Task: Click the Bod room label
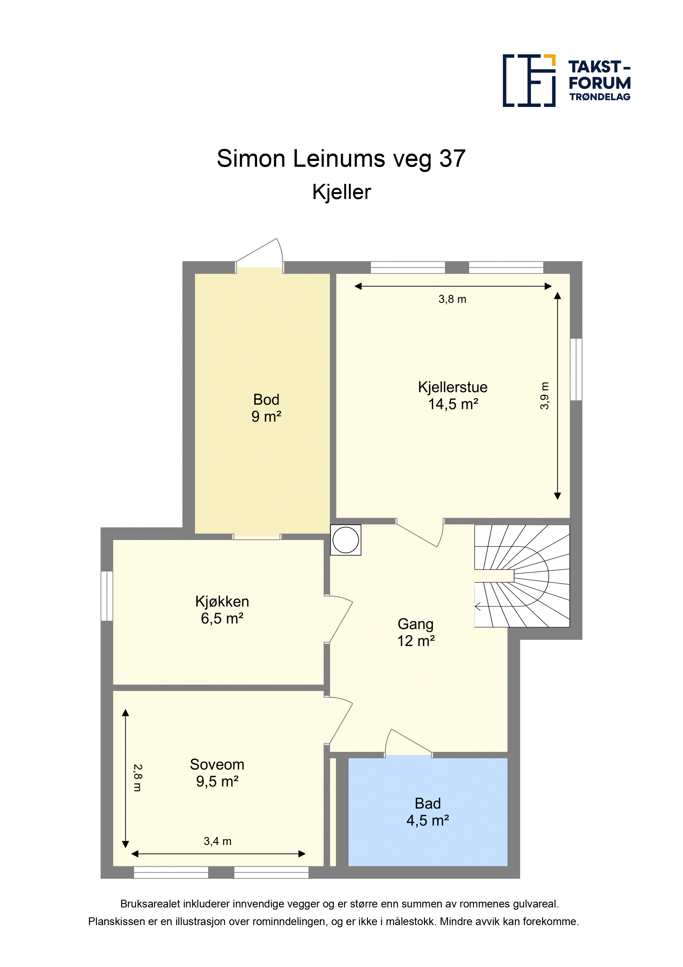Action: pyautogui.click(x=266, y=399)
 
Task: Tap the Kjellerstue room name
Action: pyautogui.click(x=452, y=387)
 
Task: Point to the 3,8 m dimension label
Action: pyautogui.click(x=452, y=299)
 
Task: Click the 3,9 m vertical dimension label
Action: pyautogui.click(x=544, y=396)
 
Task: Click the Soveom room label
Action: pyautogui.click(x=217, y=764)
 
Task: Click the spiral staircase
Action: pyautogui.click(x=522, y=576)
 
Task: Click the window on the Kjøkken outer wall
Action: pyautogui.click(x=107, y=596)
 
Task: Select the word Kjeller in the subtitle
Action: pyautogui.click(x=342, y=192)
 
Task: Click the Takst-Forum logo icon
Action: pyautogui.click(x=529, y=80)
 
